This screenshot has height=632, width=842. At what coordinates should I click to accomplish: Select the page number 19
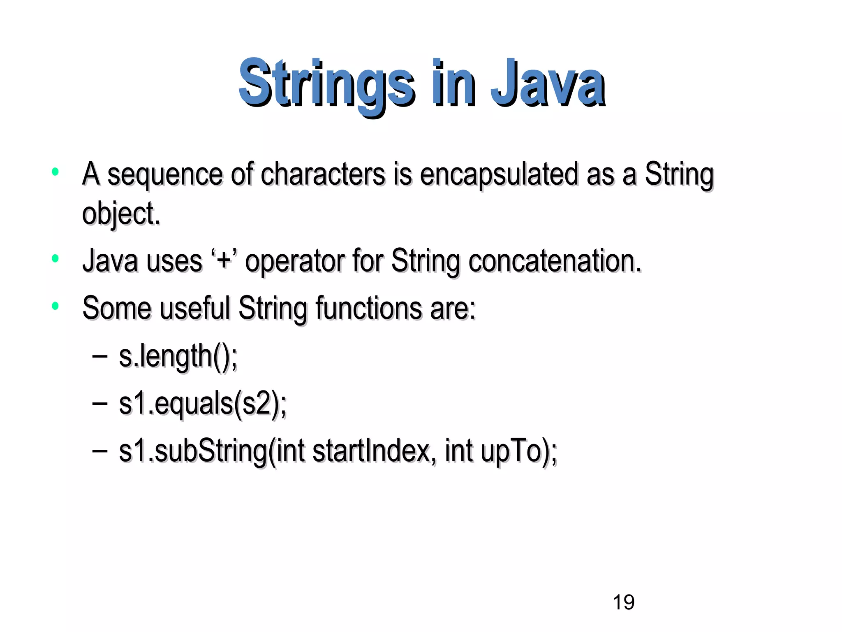623,602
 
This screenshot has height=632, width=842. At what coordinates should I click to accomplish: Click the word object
120,214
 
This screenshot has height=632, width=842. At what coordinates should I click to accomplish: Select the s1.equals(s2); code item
203,404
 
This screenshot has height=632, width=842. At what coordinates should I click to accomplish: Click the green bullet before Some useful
55,306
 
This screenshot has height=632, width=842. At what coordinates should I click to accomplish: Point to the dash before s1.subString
99,451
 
